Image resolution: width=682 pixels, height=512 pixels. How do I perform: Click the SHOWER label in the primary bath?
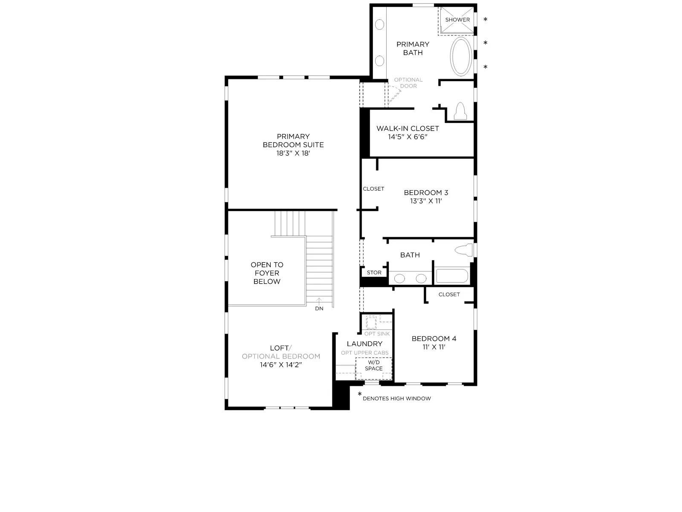click(x=457, y=20)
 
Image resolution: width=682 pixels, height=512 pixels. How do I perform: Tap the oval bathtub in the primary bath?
click(x=461, y=57)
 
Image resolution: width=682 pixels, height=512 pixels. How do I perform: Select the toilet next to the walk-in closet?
click(x=460, y=111)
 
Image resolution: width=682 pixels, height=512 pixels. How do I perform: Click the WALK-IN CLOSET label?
click(x=407, y=128)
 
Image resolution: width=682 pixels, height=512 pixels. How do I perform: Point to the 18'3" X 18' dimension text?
click(x=293, y=153)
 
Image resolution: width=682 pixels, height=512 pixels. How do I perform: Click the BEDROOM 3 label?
click(x=426, y=192)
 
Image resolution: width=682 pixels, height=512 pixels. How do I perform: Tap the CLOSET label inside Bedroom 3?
click(x=373, y=189)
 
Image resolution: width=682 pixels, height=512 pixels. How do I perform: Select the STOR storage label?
click(x=374, y=272)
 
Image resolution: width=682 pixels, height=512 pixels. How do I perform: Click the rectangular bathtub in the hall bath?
click(x=452, y=276)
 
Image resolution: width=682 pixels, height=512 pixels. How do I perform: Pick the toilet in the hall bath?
click(x=464, y=250)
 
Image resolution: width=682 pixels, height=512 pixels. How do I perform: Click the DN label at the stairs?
click(x=319, y=308)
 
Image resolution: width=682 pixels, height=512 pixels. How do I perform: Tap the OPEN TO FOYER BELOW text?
click(x=267, y=273)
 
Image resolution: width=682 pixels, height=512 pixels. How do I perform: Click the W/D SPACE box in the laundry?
click(x=374, y=369)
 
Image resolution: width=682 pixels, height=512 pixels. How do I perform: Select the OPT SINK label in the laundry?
click(x=377, y=334)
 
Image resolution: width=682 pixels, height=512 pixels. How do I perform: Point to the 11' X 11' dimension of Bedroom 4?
click(x=434, y=347)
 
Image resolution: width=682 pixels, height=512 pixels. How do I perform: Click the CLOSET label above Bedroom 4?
click(x=449, y=294)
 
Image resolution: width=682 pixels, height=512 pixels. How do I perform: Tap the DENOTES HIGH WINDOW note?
click(x=397, y=399)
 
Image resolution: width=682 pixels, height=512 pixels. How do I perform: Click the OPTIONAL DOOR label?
click(x=408, y=83)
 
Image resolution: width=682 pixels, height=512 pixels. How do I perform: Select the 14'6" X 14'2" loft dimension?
click(x=281, y=365)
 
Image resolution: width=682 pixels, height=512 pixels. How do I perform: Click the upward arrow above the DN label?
click(x=319, y=301)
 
